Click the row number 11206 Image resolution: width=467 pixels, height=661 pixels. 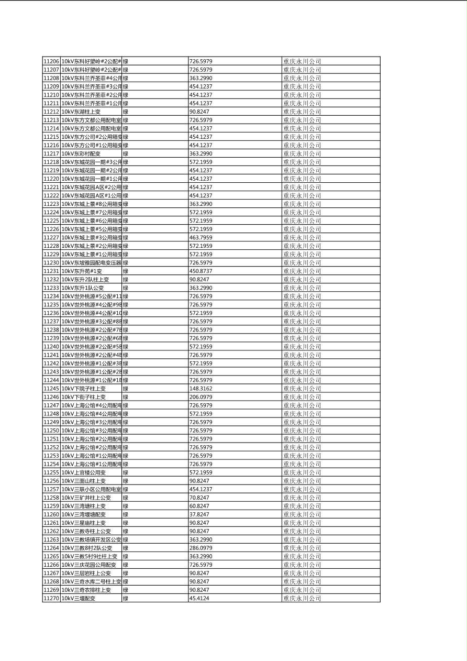click(51, 61)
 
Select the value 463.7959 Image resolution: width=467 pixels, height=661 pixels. click(201, 237)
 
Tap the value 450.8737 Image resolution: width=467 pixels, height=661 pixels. click(201, 271)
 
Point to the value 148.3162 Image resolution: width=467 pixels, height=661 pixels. click(201, 389)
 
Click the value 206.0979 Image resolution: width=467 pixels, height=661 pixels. click(201, 397)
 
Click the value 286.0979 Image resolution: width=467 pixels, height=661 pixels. click(201, 548)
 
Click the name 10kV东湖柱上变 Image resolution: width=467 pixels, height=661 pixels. click(81, 112)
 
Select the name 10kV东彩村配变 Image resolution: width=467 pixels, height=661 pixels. click(81, 153)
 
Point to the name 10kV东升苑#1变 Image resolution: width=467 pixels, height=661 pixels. click(82, 271)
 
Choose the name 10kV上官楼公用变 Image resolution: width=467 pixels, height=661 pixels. click(83, 472)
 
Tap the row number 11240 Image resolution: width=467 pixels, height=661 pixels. click(51, 347)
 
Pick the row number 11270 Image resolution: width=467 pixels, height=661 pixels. click(51, 598)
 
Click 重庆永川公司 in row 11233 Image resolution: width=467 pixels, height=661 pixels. click(302, 288)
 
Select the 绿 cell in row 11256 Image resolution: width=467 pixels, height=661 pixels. click(126, 481)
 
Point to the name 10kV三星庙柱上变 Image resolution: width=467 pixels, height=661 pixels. click(83, 523)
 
